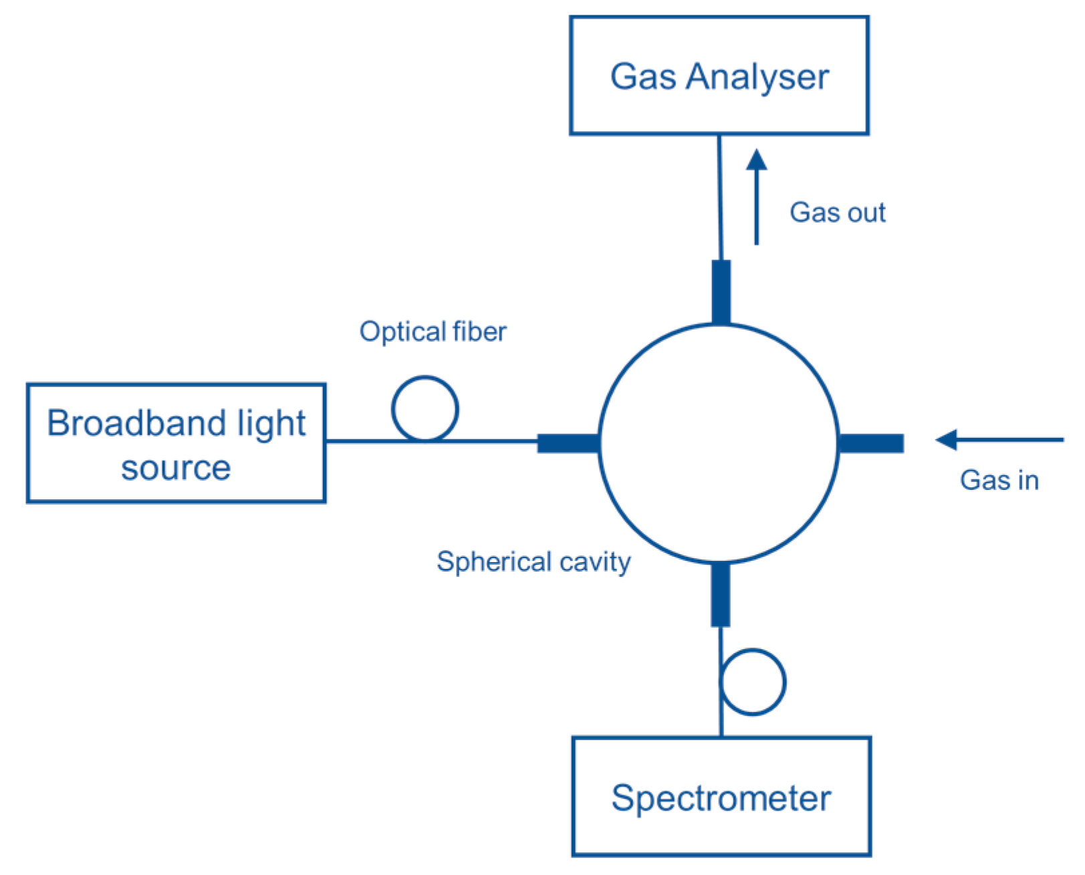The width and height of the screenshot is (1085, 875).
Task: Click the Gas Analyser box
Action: (x=719, y=76)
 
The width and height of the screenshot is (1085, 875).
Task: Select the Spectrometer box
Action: (x=721, y=796)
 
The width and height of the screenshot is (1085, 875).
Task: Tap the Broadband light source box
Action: (x=176, y=443)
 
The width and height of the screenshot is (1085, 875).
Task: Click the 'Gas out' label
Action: (x=837, y=213)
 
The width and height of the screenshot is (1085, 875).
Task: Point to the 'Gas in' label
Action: (x=999, y=480)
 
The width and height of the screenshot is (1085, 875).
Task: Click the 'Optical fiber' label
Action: (x=433, y=332)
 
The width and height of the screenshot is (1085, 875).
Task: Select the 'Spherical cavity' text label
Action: (x=533, y=561)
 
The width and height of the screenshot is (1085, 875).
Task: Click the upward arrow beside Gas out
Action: (x=756, y=197)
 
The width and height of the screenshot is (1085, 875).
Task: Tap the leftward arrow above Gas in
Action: (x=999, y=440)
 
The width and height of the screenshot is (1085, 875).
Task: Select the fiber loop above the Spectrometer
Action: (x=753, y=682)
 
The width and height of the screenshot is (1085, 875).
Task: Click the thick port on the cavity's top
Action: (x=721, y=291)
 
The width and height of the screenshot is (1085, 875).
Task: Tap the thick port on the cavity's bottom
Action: (x=720, y=594)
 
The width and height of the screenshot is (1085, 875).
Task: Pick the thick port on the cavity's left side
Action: (x=568, y=443)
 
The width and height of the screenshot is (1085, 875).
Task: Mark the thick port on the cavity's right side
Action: (x=870, y=443)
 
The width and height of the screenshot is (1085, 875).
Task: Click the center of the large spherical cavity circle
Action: (x=719, y=443)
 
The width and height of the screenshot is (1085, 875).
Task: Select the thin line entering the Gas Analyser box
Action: (x=720, y=197)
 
